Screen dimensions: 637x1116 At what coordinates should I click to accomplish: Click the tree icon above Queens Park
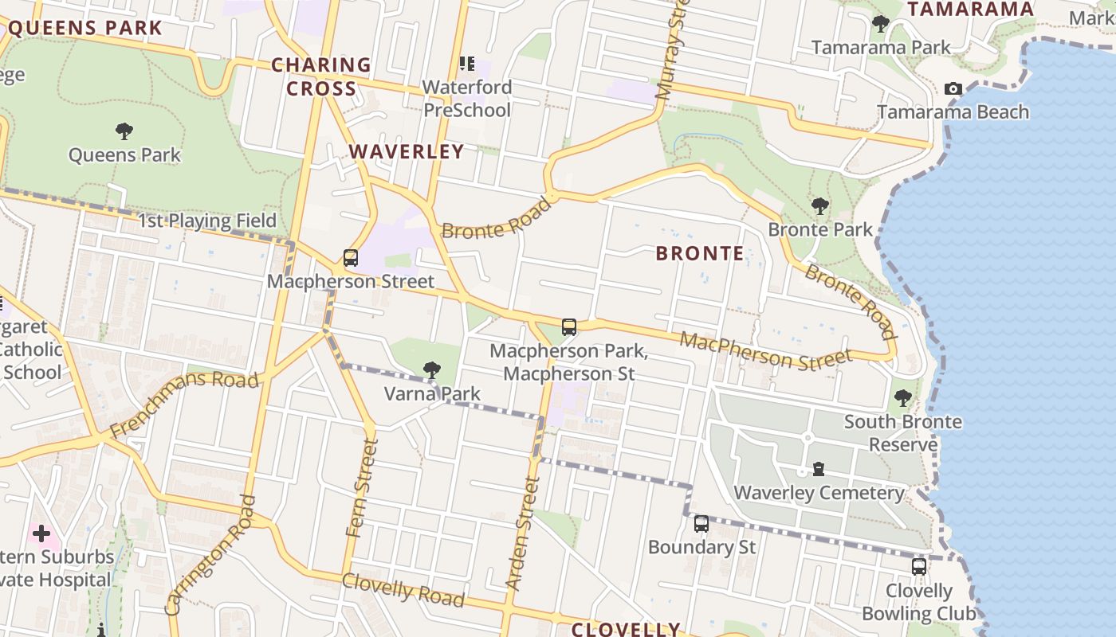pos(124,131)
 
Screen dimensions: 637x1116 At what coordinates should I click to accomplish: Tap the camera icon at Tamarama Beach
pos(953,88)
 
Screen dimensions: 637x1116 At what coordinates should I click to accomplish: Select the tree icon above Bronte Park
pos(819,206)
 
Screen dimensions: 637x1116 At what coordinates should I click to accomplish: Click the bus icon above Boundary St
pos(701,524)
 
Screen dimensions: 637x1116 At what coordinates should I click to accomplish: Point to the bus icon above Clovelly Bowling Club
pos(919,567)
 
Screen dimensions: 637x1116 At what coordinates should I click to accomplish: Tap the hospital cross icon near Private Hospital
pos(41,533)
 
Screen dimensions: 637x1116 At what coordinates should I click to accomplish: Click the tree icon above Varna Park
pos(432,369)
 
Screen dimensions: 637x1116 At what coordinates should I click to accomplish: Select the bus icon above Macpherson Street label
pos(351,258)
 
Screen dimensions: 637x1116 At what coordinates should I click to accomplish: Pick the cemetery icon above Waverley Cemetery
pos(819,469)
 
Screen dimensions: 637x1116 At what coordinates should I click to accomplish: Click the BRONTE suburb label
pos(700,254)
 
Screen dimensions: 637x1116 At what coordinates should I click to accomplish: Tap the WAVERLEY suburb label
pos(407,151)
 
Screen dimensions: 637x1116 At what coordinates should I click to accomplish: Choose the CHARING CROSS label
pos(321,76)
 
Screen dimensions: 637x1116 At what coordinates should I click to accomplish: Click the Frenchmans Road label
pos(184,404)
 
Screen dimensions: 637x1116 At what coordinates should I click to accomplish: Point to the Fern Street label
pos(361,487)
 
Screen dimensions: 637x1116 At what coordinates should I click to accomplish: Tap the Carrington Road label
pos(212,555)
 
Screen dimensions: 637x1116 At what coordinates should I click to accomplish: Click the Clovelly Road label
pos(403,588)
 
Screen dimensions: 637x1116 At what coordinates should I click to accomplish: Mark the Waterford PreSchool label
pos(467,98)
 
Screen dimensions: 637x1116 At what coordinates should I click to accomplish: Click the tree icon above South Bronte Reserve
pos(902,398)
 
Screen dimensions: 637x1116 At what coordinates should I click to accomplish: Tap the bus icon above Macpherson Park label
pos(569,327)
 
